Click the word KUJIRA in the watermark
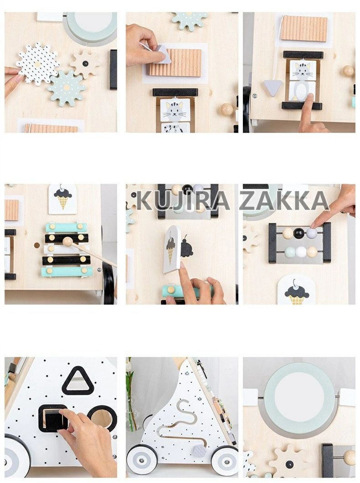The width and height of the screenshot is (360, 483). click(x=183, y=200)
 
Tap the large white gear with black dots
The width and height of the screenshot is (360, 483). click(x=37, y=64)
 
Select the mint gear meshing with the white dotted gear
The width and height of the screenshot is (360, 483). click(x=66, y=88)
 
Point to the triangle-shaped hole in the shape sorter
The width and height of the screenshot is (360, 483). click(x=75, y=381)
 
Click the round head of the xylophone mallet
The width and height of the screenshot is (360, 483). click(x=67, y=242)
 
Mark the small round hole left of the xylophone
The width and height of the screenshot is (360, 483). click(x=37, y=246)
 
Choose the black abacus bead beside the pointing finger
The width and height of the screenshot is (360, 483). click(x=299, y=233)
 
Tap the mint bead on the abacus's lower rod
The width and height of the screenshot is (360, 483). click(x=290, y=252)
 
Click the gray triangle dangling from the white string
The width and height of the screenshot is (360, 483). click(x=273, y=88)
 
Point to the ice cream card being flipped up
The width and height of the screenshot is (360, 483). click(x=172, y=249)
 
